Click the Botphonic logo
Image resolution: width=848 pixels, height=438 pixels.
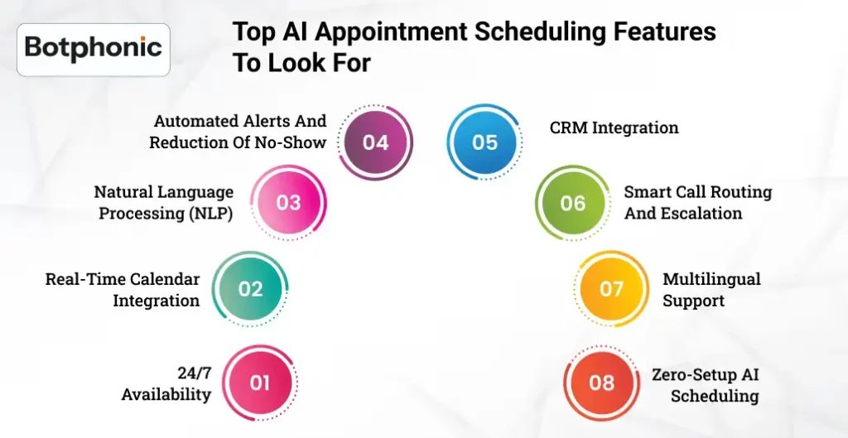click(x=93, y=48)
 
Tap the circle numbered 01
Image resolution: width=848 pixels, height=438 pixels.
click(x=260, y=383)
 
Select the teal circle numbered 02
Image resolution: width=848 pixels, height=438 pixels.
click(x=250, y=289)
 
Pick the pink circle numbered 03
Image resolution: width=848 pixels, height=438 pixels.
click(x=288, y=203)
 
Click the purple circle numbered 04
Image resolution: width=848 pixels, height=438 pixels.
click(x=375, y=142)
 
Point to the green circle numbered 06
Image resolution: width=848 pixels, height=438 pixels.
click(x=572, y=203)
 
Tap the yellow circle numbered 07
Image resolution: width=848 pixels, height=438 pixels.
click(x=611, y=289)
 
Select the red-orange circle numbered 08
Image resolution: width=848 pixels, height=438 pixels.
click(x=601, y=383)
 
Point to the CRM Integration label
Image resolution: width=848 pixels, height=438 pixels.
click(x=614, y=128)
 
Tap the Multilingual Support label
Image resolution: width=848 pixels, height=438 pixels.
click(x=711, y=290)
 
